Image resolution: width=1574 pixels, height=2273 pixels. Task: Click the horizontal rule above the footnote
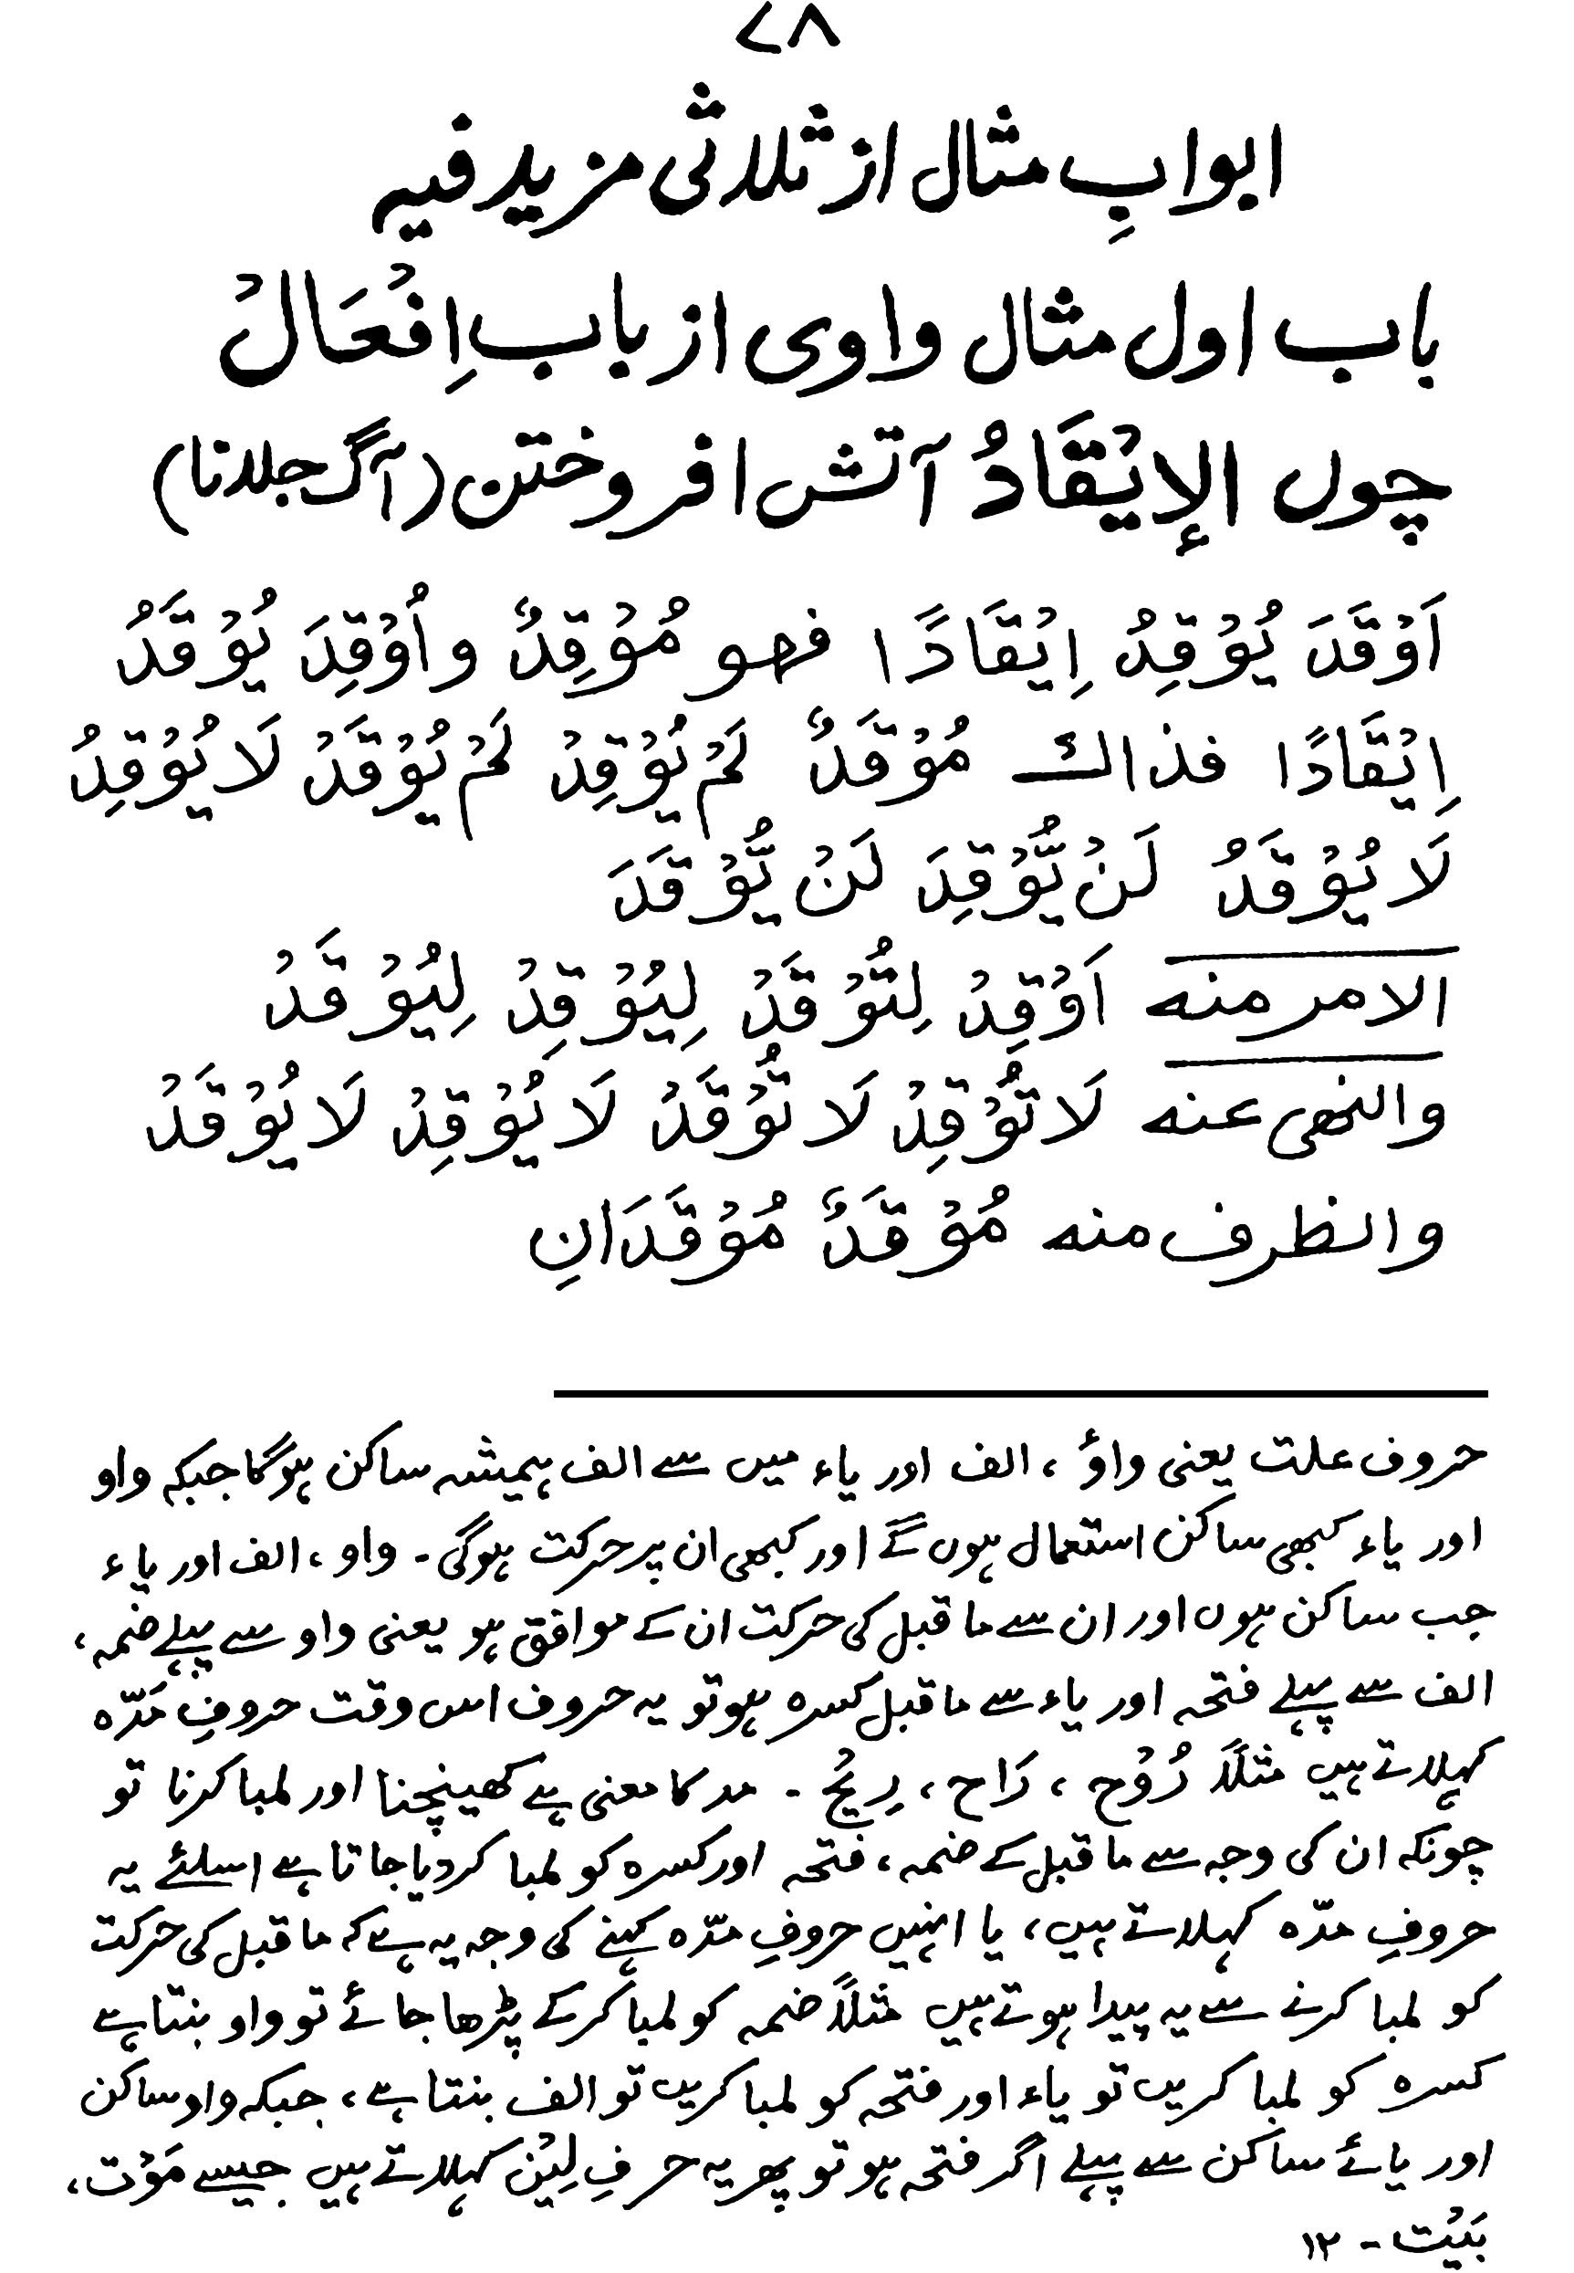(x=1021, y=1394)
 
